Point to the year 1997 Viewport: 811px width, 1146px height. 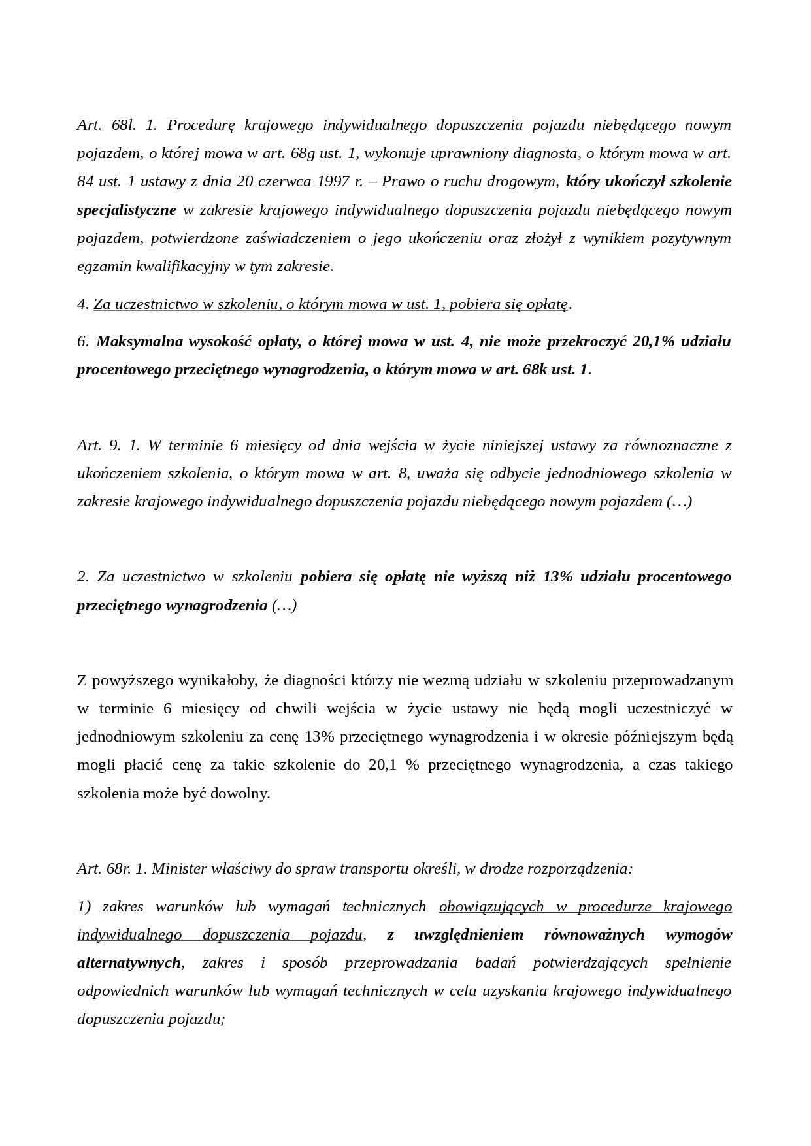click(x=333, y=181)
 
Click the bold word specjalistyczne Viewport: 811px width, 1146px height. click(x=127, y=210)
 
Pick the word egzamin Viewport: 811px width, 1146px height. click(x=103, y=266)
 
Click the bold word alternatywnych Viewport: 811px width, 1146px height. click(x=129, y=962)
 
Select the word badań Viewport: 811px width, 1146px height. click(x=495, y=962)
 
